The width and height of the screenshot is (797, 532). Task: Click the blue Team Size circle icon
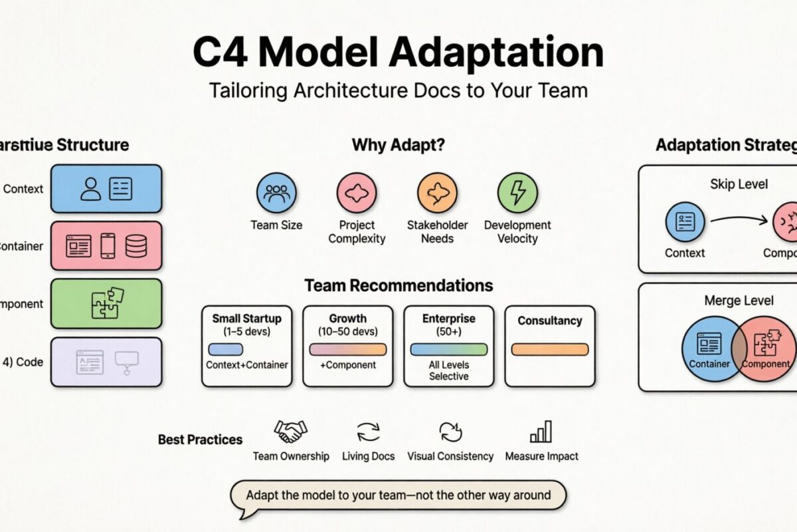[276, 192]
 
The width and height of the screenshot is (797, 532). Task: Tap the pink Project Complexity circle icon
[357, 192]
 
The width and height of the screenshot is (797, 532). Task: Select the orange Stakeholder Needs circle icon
[437, 192]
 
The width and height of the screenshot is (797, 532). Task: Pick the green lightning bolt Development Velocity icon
[517, 192]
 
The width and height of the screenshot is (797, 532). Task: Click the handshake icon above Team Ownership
[290, 432]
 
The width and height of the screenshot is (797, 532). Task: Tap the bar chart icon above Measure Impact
[541, 432]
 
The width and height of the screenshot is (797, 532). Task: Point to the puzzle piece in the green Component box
[106, 303]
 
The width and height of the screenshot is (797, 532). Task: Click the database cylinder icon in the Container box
[136, 246]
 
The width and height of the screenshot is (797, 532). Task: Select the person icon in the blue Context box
[90, 189]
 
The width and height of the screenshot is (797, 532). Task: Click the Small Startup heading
[246, 319]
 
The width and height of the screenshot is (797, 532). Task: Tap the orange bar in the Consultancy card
[549, 349]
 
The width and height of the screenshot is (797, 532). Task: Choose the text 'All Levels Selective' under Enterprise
[448, 370]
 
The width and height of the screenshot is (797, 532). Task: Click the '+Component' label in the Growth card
[347, 365]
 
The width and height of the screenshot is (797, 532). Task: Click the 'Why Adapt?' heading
[389, 145]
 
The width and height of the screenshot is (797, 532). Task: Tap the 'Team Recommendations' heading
[398, 286]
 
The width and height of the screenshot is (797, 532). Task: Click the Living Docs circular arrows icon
[368, 432]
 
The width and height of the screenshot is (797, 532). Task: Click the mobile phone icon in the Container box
[108, 246]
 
